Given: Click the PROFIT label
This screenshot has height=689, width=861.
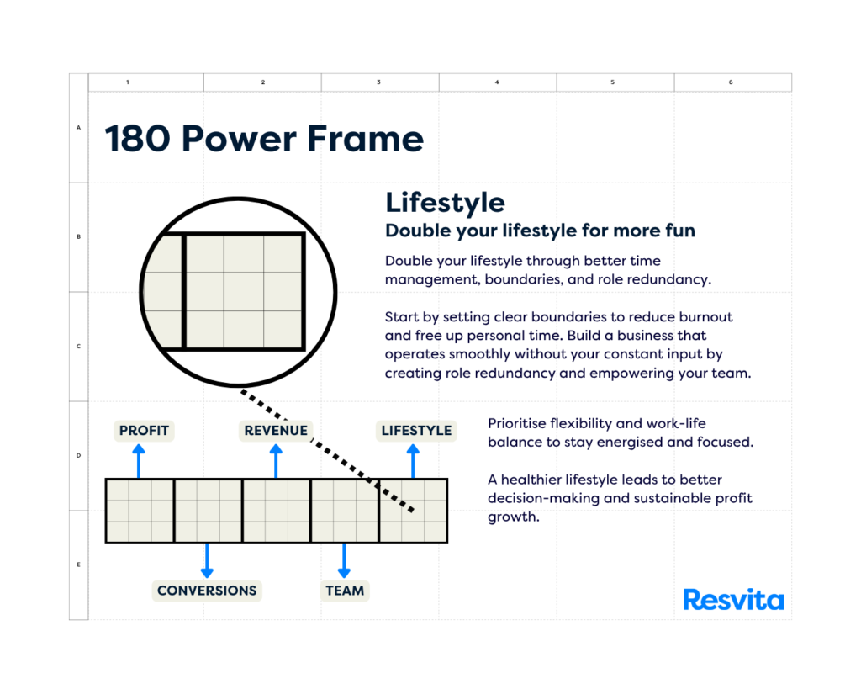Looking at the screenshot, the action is [144, 430].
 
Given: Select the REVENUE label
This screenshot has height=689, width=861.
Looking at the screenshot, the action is [276, 430].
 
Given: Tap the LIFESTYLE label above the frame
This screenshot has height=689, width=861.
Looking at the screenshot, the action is [416, 430].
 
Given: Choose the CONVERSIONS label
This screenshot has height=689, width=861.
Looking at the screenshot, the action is [207, 591].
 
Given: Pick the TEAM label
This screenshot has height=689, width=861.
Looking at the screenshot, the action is [344, 591].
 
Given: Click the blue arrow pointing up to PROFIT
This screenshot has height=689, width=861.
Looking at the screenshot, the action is [139, 462].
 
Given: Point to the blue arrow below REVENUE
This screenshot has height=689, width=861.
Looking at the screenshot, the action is [276, 462].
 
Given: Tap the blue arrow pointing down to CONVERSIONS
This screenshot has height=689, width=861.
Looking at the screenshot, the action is [207, 561].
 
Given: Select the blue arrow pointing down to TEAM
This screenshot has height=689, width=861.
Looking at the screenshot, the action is [344, 561].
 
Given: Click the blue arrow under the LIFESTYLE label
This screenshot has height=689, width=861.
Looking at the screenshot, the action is [413, 462].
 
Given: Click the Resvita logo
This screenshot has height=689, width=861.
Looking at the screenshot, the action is [733, 600].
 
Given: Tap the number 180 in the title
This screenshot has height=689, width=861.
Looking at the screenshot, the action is [137, 139].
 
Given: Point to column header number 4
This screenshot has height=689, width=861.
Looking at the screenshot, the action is [497, 82].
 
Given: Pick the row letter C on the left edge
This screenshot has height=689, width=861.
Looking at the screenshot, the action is [78, 346].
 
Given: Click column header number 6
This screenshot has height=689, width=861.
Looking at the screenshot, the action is [731, 82].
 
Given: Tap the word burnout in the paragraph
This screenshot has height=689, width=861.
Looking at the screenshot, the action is [705, 317].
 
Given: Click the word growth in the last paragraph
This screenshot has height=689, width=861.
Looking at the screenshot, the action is [513, 517].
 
